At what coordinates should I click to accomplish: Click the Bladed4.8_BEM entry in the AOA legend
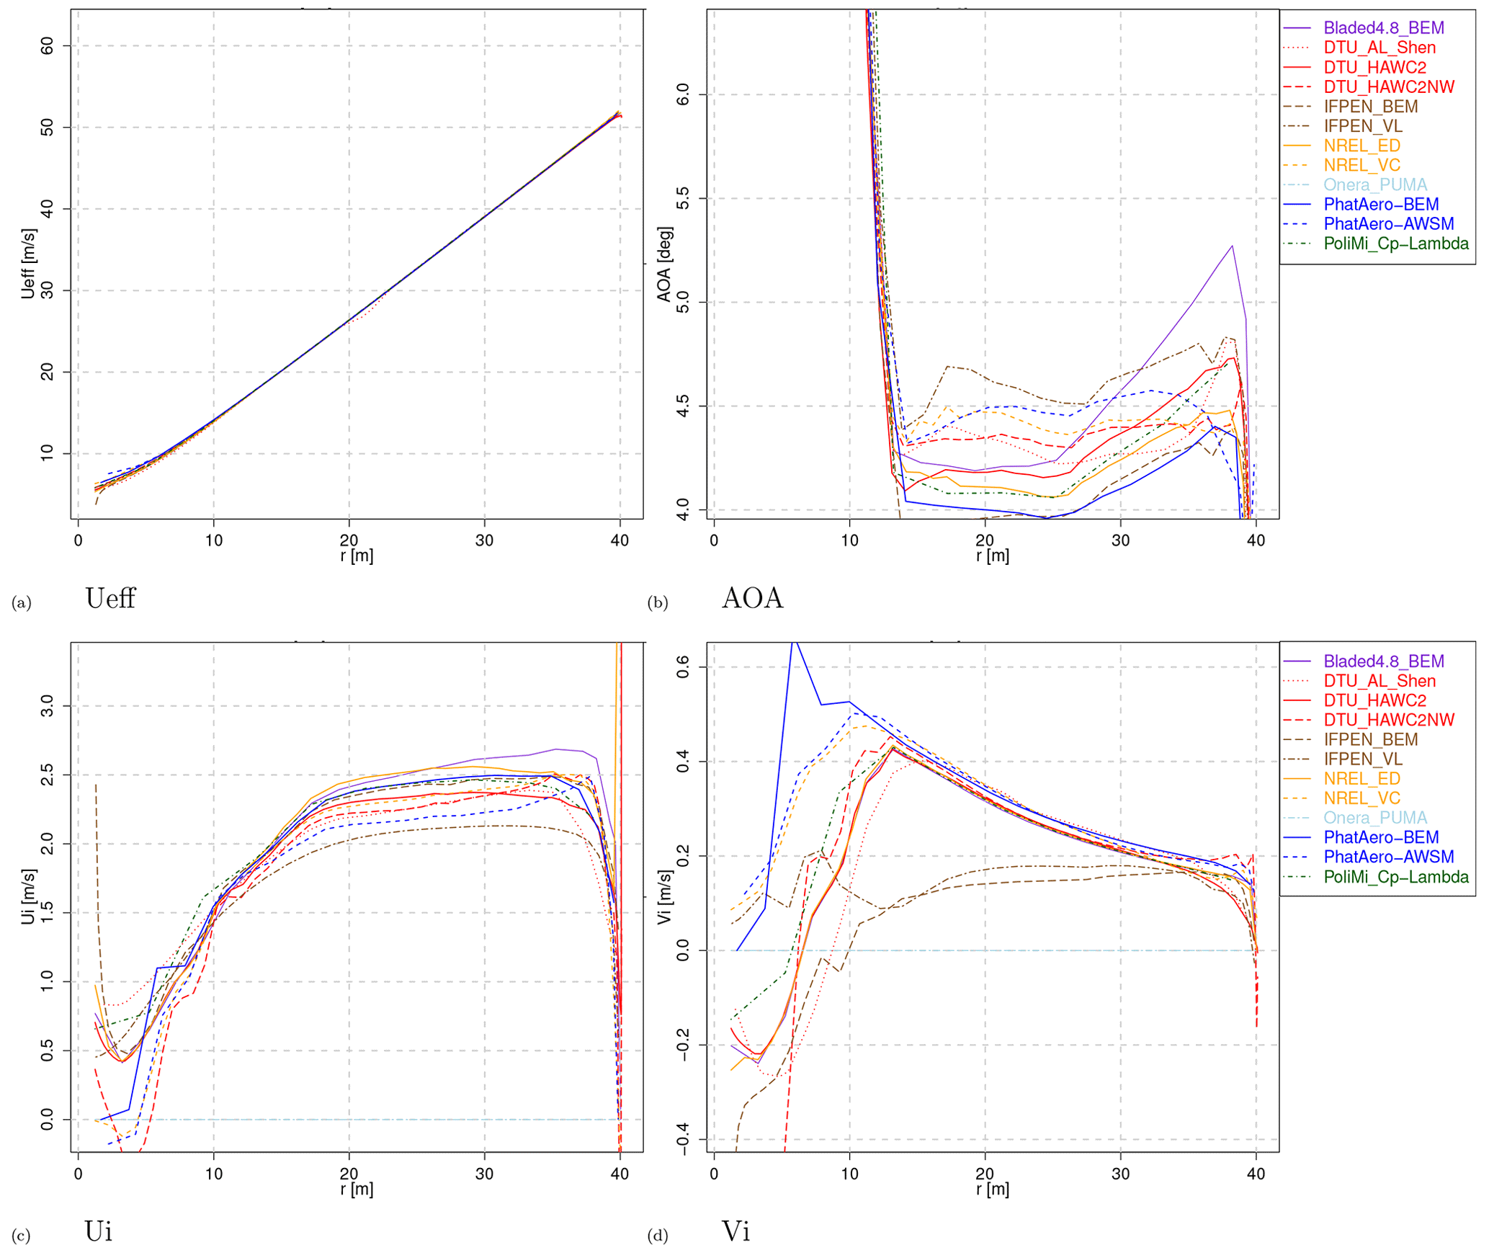1383,28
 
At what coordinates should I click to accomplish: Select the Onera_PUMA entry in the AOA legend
1374,185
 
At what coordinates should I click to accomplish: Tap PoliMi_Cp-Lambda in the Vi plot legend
1395,877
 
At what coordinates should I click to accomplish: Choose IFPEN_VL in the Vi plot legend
1362,759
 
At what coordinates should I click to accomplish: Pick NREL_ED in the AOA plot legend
1361,146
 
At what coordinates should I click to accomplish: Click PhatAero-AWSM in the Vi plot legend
1388,857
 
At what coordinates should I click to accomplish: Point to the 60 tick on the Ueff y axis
48,46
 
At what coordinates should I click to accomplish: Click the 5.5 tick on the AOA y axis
683,198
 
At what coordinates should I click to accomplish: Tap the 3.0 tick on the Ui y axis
48,706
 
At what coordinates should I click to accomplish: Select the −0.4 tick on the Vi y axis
683,1139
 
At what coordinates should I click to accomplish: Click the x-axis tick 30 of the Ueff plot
484,540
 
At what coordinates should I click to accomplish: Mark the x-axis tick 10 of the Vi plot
849,1174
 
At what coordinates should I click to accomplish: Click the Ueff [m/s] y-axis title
28,264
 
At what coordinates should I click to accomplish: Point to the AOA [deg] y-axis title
664,264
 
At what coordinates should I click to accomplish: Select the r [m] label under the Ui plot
357,1189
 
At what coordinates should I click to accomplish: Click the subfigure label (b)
657,603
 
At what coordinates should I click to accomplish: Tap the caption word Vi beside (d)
735,1231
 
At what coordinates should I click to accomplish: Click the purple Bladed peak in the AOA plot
1232,246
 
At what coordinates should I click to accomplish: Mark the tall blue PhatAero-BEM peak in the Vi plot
793,642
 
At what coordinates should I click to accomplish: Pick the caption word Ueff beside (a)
110,599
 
